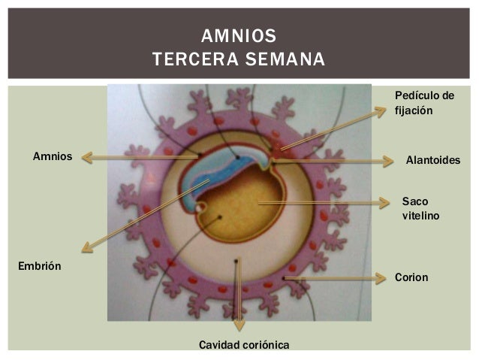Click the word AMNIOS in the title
coord(239,36)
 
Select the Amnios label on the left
coord(53,156)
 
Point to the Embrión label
coord(39,266)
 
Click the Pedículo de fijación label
coord(424,103)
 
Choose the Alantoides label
coord(432,161)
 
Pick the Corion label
coord(411,277)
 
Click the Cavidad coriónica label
coord(243,344)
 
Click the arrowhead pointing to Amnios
coord(86,158)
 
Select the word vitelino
coord(420,216)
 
